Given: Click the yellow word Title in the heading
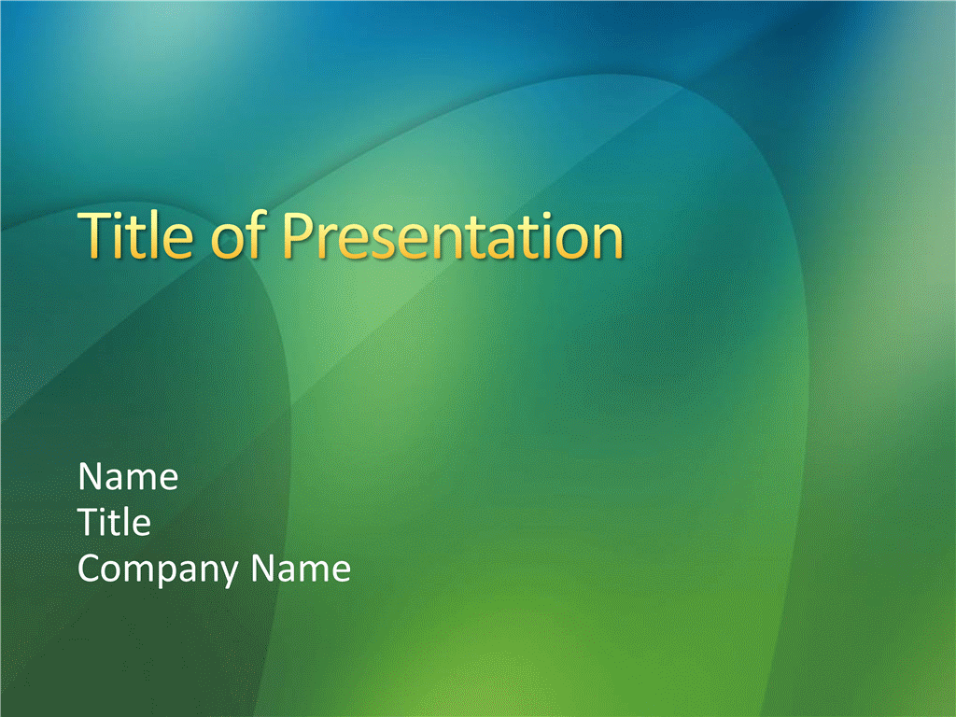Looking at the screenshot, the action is [x=135, y=234].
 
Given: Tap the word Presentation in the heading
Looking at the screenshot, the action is [x=453, y=235].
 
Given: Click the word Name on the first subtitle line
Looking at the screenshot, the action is [x=128, y=476].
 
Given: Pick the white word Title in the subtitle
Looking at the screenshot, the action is [x=114, y=522].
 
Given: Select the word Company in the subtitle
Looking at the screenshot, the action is [x=158, y=569].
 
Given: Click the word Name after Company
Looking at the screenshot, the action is [x=302, y=568].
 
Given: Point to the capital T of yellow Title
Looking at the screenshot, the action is [x=94, y=235].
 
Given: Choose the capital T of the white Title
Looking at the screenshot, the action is [x=91, y=523].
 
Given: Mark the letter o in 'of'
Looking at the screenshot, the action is [x=227, y=242].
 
